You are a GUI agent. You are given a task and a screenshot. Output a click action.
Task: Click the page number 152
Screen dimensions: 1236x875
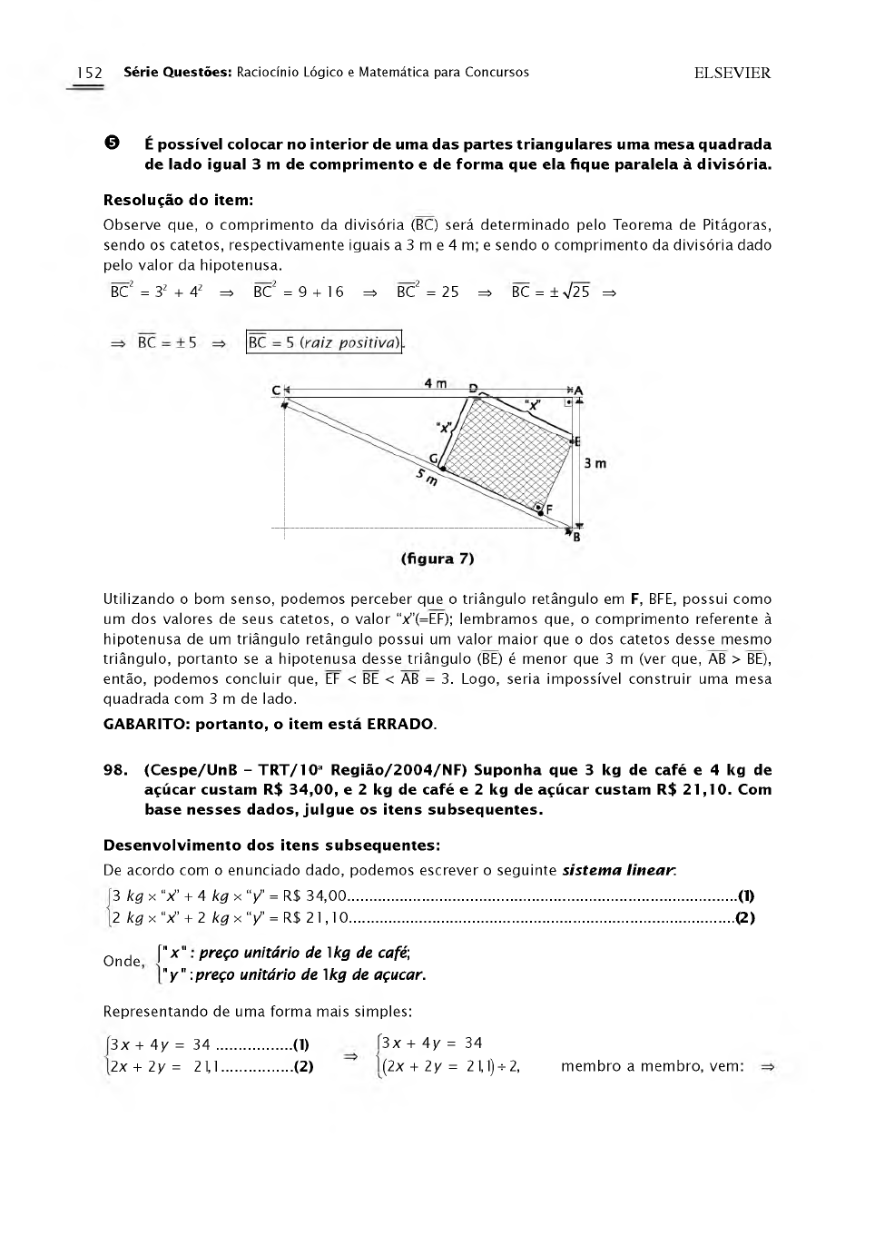click(89, 73)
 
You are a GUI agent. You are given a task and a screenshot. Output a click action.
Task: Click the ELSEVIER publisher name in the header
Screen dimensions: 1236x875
click(732, 74)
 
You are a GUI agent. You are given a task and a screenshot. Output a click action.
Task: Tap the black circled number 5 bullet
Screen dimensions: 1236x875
click(112, 143)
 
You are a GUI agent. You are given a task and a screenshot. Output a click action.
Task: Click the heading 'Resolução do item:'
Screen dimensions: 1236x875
click(178, 200)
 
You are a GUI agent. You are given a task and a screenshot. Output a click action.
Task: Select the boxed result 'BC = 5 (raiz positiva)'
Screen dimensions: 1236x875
click(324, 342)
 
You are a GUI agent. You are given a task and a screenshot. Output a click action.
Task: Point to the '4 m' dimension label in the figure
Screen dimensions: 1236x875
click(436, 384)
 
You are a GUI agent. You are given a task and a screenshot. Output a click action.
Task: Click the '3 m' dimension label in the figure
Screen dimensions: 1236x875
click(595, 463)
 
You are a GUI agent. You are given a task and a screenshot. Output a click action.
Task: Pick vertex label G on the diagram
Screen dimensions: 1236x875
click(433, 458)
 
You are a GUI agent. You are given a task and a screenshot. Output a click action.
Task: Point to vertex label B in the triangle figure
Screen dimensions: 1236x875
click(576, 537)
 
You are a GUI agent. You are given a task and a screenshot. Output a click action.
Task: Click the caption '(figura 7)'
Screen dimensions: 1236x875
click(437, 559)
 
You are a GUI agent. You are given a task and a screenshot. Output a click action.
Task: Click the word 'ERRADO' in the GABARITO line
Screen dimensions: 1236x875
click(400, 724)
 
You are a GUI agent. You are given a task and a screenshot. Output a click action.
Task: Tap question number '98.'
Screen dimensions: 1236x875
click(115, 770)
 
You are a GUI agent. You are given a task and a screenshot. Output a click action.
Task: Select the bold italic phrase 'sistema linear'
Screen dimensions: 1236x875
click(618, 870)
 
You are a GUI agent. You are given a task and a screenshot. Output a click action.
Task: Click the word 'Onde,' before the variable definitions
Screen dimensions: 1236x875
click(123, 961)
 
